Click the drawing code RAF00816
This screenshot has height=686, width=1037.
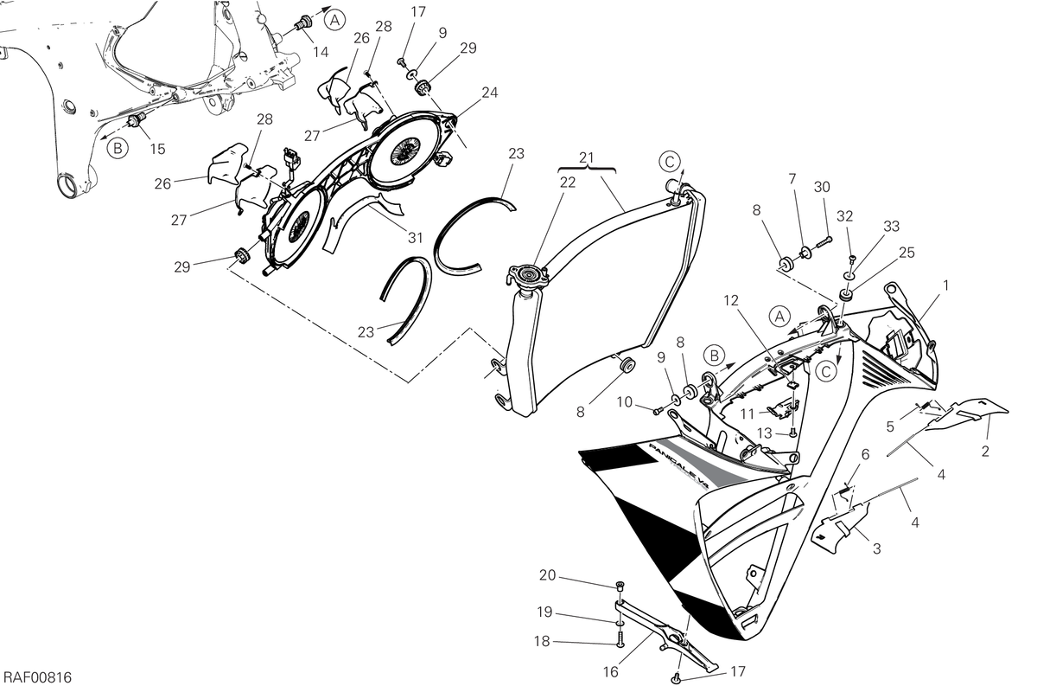pos(37,677)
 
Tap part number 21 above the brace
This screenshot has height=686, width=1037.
pos(586,157)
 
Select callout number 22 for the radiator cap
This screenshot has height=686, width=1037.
pos(567,183)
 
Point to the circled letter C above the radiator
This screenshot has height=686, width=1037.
pos(670,163)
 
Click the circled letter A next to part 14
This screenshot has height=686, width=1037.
pos(334,20)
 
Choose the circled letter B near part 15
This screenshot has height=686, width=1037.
pos(118,148)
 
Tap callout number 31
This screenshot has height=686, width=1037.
pos(416,238)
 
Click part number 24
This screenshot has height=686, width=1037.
pos(489,93)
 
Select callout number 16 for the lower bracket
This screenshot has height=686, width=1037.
pos(611,671)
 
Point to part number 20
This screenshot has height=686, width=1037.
pos(547,575)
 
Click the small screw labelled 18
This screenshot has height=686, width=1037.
pos(620,637)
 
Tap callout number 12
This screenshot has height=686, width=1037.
pos(730,301)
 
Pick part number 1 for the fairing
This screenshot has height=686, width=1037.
pos(945,285)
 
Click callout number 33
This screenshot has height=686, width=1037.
pos(891,226)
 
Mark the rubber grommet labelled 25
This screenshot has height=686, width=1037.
pos(847,296)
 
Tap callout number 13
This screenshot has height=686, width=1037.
pos(764,433)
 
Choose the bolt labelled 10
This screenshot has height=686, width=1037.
pos(657,410)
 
